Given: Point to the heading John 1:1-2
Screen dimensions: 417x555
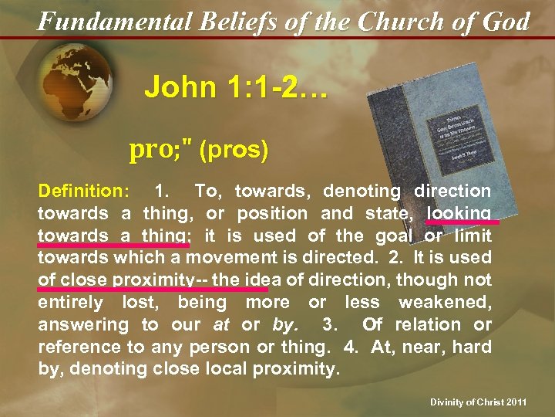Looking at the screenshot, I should (235, 87).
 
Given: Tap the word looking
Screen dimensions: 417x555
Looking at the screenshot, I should (459, 212).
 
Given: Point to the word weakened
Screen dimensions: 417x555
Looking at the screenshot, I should (447, 302).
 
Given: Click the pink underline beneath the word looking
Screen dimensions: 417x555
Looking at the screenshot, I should (463, 222).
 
